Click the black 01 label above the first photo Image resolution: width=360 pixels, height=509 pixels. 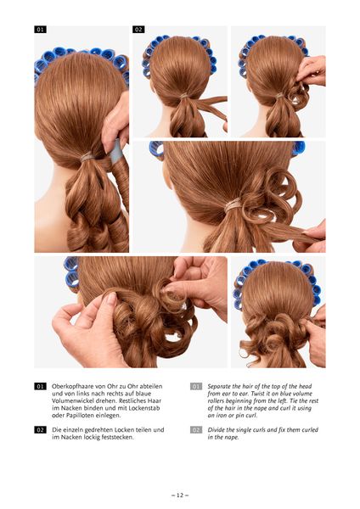40,30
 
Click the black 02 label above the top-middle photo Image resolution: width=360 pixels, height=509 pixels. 138,30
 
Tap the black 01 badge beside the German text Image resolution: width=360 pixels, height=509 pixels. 40,386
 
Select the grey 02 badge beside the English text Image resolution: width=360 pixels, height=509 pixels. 196,430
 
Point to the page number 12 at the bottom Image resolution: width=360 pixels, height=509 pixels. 180,495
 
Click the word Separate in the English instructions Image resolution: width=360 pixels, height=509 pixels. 219,386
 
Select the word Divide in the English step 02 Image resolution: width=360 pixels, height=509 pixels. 216,430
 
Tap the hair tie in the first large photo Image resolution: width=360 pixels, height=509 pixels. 87,157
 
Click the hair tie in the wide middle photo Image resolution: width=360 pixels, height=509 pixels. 233,204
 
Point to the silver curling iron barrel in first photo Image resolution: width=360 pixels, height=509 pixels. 116,151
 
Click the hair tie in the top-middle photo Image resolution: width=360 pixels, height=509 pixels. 184,96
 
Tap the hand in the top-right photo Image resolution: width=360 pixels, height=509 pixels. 312,70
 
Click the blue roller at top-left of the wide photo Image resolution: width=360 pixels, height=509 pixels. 156,148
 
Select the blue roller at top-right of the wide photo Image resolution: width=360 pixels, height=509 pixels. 299,148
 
